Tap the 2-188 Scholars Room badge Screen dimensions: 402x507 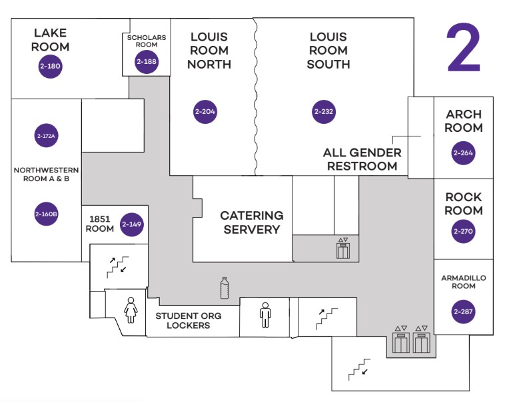pyautogui.click(x=146, y=62)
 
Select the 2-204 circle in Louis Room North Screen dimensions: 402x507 pyautogui.click(x=205, y=111)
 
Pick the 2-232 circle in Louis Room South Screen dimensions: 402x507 pyautogui.click(x=323, y=111)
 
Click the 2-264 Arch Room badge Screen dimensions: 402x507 pyautogui.click(x=463, y=153)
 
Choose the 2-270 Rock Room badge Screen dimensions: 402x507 pyautogui.click(x=463, y=232)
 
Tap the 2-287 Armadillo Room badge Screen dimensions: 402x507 pyautogui.click(x=463, y=311)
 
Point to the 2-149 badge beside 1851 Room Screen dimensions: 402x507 pyautogui.click(x=132, y=224)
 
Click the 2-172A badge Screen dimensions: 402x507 pyautogui.click(x=46, y=136)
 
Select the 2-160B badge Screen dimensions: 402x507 pyautogui.click(x=46, y=214)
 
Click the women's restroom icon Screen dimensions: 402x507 pyautogui.click(x=131, y=309)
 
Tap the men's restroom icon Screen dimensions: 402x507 pyautogui.click(x=265, y=315)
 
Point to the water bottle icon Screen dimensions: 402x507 pyautogui.click(x=225, y=288)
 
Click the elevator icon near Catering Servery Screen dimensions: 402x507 pyautogui.click(x=343, y=248)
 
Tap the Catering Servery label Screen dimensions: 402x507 pyautogui.click(x=252, y=222)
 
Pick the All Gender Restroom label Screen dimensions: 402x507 pyautogui.click(x=362, y=159)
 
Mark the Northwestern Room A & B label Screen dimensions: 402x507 pyautogui.click(x=46, y=174)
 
